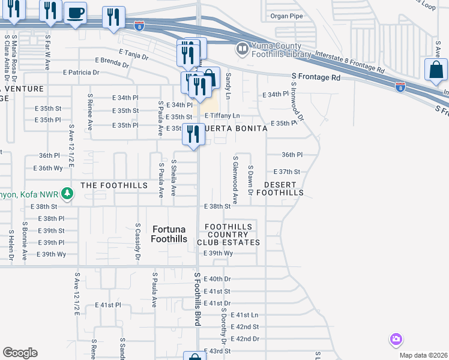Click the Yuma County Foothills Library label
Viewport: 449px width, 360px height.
281,49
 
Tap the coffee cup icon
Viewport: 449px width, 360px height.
75,13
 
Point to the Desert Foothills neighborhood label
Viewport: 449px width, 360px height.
280,188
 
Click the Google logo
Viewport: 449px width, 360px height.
20,353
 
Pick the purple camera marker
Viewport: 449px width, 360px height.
396,340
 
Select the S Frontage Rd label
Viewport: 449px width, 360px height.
316,77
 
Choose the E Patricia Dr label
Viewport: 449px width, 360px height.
81,73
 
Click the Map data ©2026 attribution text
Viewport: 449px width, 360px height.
423,355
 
